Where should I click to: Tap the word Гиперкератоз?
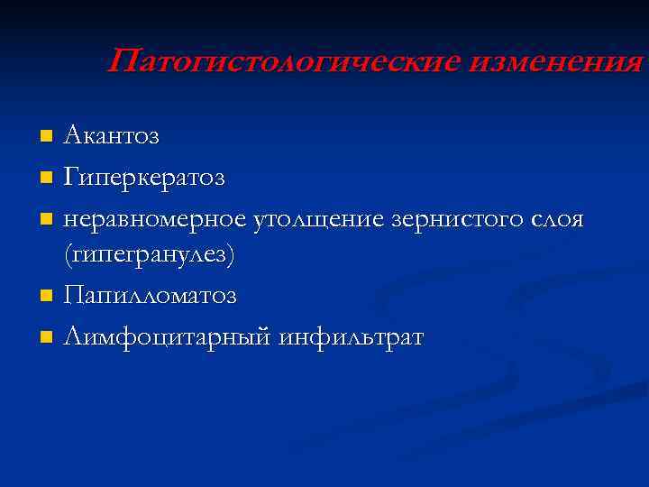[x=144, y=177]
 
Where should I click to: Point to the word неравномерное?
[x=152, y=218]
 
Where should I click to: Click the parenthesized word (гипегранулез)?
[x=149, y=256]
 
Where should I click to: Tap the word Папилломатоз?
[x=150, y=296]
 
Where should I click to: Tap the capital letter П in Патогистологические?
[x=122, y=62]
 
